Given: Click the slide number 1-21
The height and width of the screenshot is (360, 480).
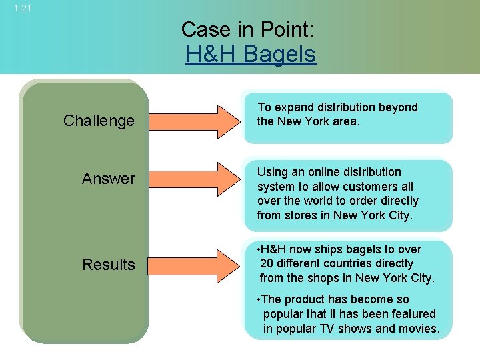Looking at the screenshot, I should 22,9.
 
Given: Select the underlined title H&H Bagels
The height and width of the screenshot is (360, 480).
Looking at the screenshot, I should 251,54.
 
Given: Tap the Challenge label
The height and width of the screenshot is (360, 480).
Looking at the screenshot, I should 99,121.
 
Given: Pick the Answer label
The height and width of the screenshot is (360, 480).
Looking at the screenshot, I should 108,179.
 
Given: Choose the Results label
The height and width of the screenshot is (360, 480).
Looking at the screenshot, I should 108,265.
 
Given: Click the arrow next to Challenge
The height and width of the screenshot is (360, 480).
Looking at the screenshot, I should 194,121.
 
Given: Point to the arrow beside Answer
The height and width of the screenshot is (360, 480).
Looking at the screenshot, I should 194,179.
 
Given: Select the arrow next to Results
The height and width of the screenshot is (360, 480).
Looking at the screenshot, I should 194,265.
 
